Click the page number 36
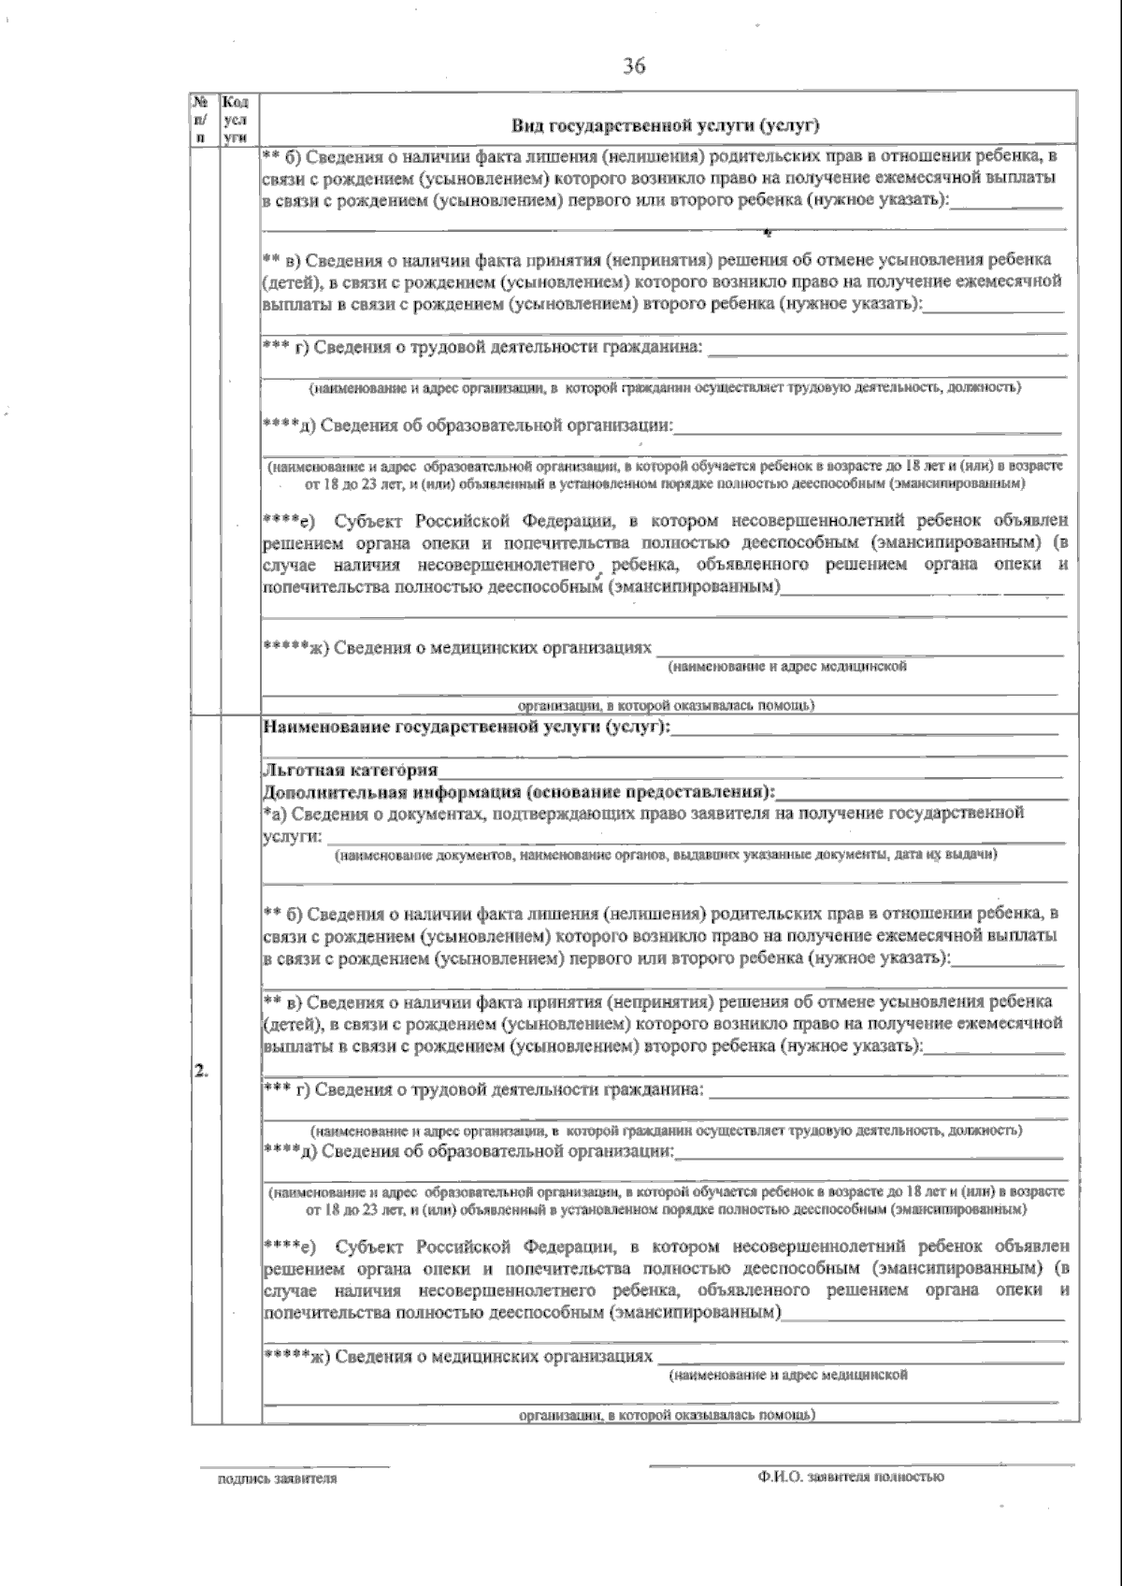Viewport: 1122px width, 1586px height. [634, 66]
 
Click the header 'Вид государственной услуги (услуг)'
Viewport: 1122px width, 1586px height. [665, 126]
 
